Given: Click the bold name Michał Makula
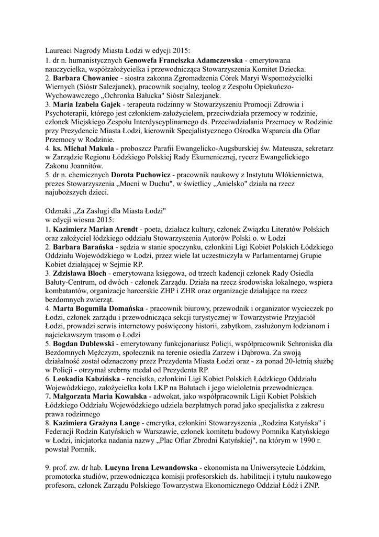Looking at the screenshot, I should point(95,149).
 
